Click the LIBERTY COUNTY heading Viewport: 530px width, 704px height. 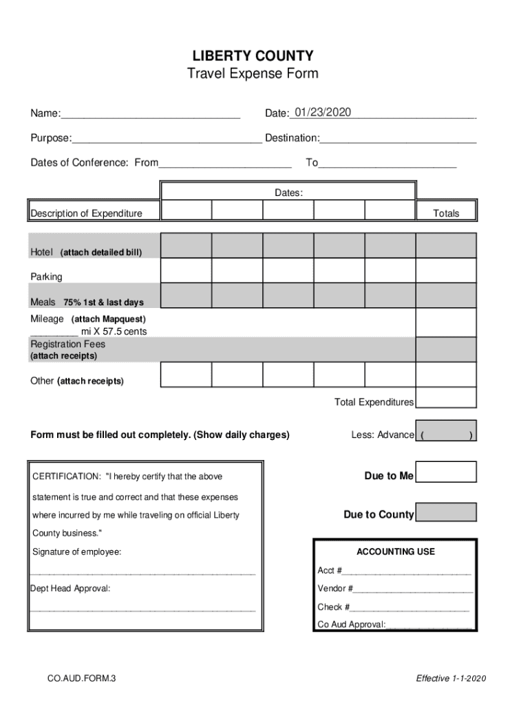pyautogui.click(x=253, y=56)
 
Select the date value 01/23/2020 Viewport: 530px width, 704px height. pyautogui.click(x=322, y=112)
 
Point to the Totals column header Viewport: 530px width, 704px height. pyautogui.click(x=446, y=213)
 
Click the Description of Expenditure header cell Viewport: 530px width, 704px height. pyautogui.click(x=87, y=213)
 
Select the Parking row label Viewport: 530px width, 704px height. pyautogui.click(x=46, y=277)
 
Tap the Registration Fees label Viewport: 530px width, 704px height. pyautogui.click(x=67, y=344)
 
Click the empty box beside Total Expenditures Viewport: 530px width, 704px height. pyautogui.click(x=446, y=398)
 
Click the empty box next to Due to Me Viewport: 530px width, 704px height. pyautogui.click(x=446, y=472)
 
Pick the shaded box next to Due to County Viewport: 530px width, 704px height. pyautogui.click(x=446, y=512)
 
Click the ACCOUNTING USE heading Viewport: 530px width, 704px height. pyautogui.click(x=395, y=551)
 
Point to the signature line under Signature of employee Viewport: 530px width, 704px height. pyautogui.click(x=143, y=572)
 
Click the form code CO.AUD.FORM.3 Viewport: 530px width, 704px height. pyautogui.click(x=82, y=679)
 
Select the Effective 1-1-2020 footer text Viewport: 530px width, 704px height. pyautogui.click(x=451, y=679)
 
